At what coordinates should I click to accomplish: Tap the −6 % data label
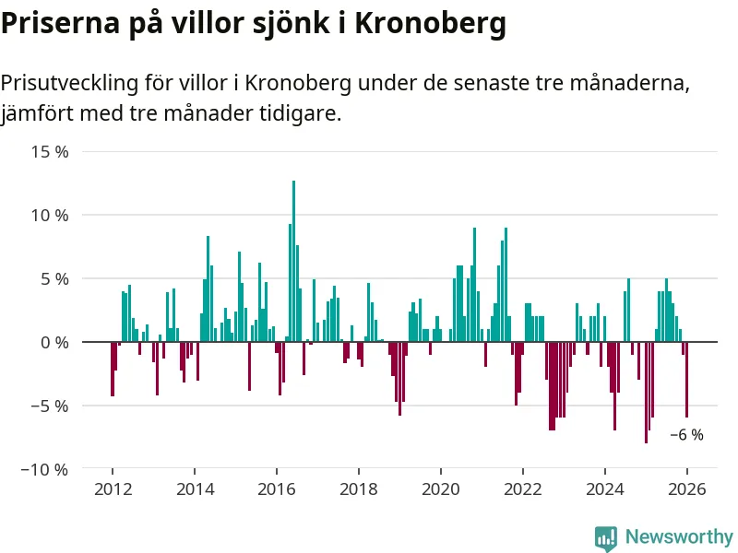pos(686,435)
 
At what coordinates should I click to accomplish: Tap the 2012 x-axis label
pos(113,489)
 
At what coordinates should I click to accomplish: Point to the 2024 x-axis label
pos(605,489)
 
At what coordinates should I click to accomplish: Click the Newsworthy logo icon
pos(606,537)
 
